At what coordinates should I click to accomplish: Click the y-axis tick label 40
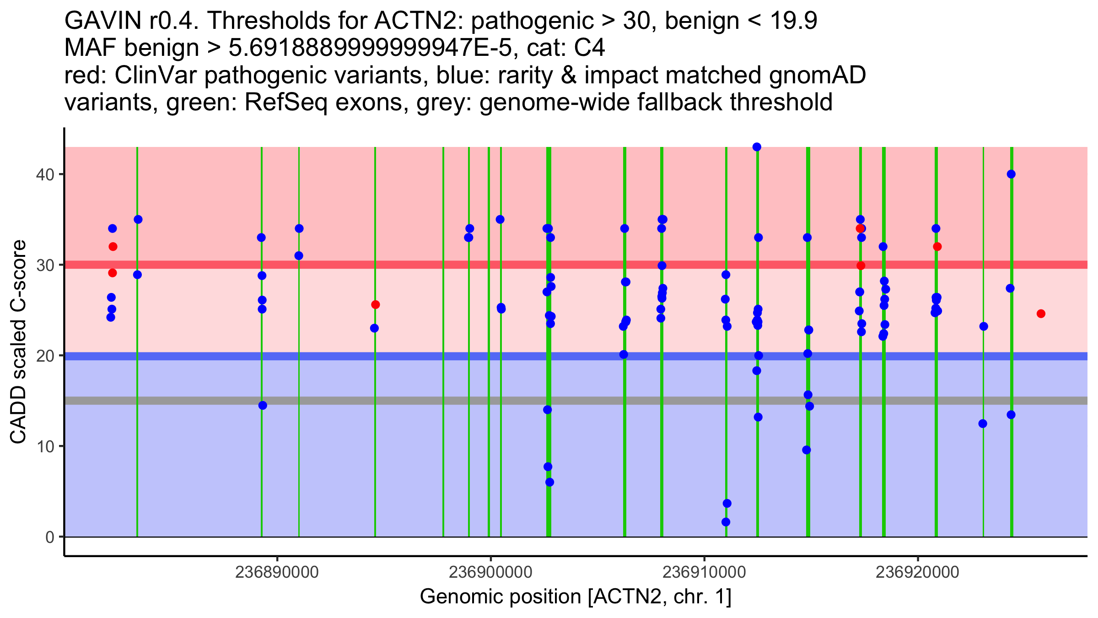tap(44, 174)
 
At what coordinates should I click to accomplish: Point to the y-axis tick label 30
tap(44, 265)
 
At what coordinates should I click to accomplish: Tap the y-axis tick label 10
tap(44, 446)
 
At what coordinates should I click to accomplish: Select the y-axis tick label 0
tap(49, 537)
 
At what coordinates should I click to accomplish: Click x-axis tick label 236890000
tap(277, 572)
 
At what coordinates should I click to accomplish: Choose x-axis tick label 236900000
tap(490, 572)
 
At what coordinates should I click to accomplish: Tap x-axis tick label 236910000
tap(704, 572)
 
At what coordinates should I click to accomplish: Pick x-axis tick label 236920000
tap(917, 572)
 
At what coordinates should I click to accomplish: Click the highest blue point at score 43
tap(757, 147)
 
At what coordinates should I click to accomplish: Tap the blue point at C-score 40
tap(1011, 174)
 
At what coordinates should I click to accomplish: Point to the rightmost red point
tap(1041, 314)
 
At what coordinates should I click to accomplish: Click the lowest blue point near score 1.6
tap(726, 522)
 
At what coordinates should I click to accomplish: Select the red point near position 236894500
tap(375, 304)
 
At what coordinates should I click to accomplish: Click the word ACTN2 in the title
tap(403, 21)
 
